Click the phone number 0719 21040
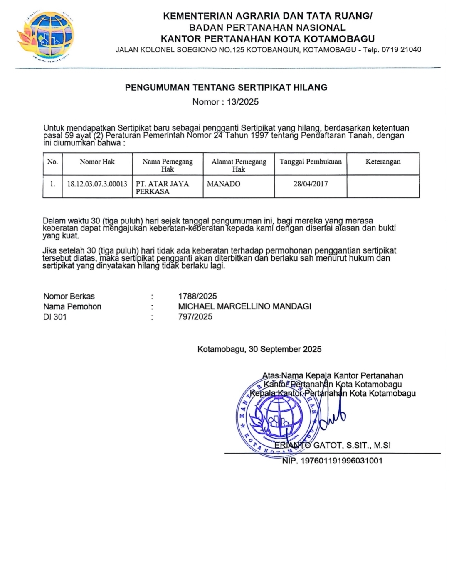pos(401,50)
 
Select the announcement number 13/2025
pos(242,102)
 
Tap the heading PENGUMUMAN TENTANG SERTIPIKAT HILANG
pos(226,88)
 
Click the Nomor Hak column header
pos(97,162)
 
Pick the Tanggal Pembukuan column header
pos(311,162)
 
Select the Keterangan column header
pos(383,162)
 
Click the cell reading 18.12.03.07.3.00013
pos(97,184)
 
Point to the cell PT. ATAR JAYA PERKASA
pos(162,188)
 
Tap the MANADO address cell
pos(224,184)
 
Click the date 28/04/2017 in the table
pos(311,184)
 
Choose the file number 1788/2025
pos(197,297)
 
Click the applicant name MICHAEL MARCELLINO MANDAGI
pos(244,306)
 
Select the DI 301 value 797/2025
pos(195,317)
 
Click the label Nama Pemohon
pos(72,306)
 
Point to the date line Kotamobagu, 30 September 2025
pos(259,349)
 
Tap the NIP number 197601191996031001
pos(332,461)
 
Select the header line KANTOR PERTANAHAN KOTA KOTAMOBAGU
pos(268,39)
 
